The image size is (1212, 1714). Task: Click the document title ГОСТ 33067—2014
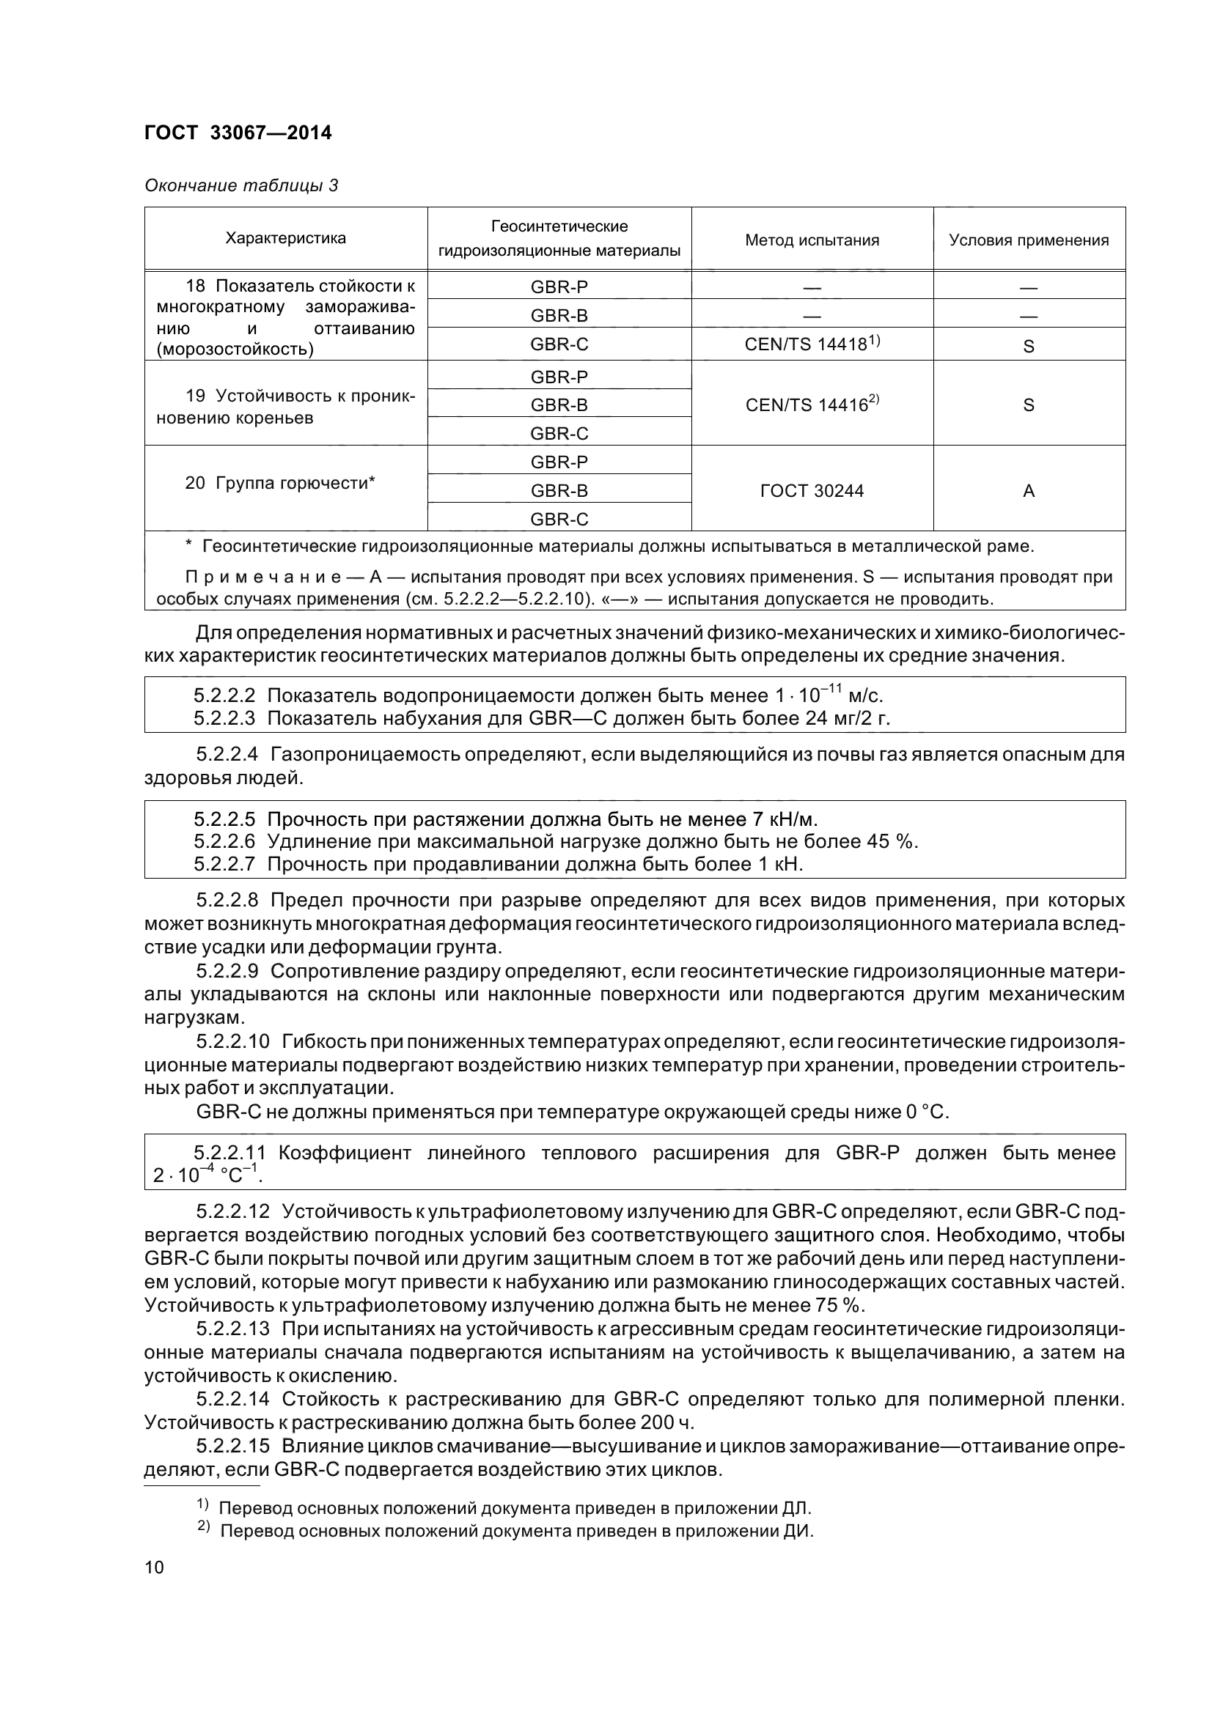coord(238,133)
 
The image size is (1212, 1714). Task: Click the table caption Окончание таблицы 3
coord(241,185)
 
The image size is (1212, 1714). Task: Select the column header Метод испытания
coord(812,240)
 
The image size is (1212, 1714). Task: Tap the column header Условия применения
coord(1028,240)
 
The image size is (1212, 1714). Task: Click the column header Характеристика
coord(285,239)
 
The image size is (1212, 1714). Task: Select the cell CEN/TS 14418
coord(812,344)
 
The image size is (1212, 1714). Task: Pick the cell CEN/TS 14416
coord(812,405)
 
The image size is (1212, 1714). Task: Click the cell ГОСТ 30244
coord(812,490)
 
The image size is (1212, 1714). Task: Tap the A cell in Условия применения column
coord(1028,490)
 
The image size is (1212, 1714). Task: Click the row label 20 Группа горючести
coord(280,483)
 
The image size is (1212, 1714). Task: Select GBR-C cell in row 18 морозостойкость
coord(559,344)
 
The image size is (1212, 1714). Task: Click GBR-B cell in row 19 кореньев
coord(559,405)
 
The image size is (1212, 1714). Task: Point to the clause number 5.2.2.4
coord(227,755)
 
